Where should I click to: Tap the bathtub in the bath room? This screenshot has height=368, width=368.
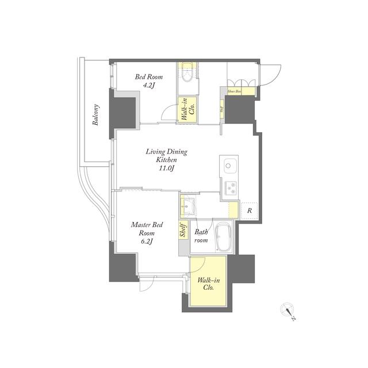(223, 236)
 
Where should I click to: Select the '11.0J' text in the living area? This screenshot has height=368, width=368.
(166, 168)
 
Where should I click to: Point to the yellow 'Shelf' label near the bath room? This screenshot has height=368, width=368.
(183, 231)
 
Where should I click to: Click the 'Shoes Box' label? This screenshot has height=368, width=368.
(234, 91)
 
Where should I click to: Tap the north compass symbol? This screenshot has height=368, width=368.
(289, 310)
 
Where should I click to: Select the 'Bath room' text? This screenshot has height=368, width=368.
(201, 236)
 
